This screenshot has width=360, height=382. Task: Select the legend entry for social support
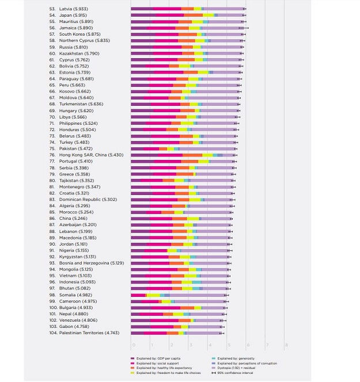coord(158,362)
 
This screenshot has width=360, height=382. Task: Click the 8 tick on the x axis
coord(286,345)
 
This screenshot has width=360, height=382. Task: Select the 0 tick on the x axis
coord(133,345)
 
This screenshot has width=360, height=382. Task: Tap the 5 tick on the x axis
coord(229,345)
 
